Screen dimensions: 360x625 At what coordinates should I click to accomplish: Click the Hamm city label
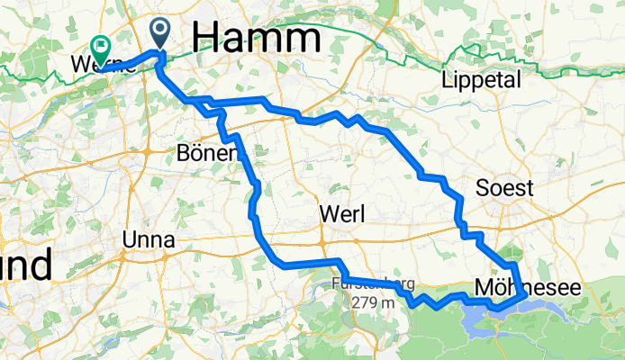point(257,37)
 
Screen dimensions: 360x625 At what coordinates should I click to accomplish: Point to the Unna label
point(149,240)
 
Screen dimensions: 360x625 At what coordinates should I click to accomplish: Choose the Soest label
point(505,189)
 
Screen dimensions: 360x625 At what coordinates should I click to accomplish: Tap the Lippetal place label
point(482,81)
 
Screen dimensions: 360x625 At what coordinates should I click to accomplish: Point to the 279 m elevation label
point(375,302)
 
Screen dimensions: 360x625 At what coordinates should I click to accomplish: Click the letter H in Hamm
point(206,37)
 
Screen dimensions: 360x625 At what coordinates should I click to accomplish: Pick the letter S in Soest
point(483,189)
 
